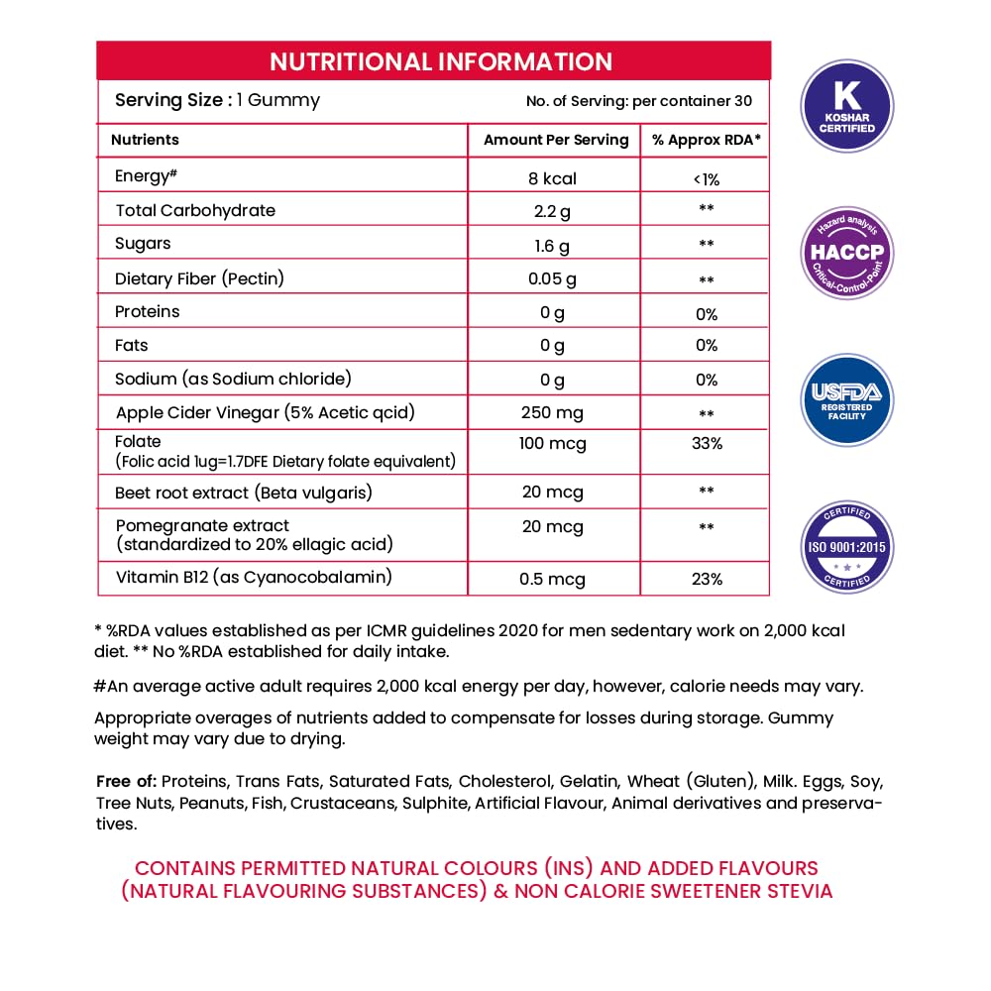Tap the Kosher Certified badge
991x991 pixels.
[x=846, y=106]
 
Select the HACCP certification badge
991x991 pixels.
[x=846, y=253]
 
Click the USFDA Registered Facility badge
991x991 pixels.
[x=846, y=400]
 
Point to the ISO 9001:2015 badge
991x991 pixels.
[x=846, y=547]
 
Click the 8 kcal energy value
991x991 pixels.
[x=553, y=178]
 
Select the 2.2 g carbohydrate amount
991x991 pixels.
[x=553, y=211]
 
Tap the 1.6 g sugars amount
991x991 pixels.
[x=553, y=245]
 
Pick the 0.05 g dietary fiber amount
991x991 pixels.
[x=553, y=279]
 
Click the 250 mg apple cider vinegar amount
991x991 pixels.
[x=553, y=413]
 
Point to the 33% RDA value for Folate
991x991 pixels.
[x=707, y=444]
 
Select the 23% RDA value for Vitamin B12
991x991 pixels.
[x=707, y=579]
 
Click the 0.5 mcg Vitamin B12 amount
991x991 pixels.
[x=552, y=579]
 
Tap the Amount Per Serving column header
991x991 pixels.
[x=556, y=140]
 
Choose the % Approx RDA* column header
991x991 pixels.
[x=707, y=140]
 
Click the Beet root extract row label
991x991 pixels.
[x=244, y=493]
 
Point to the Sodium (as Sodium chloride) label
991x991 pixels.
[x=233, y=379]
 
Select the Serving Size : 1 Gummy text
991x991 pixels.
[x=217, y=100]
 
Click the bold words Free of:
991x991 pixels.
[x=127, y=781]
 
